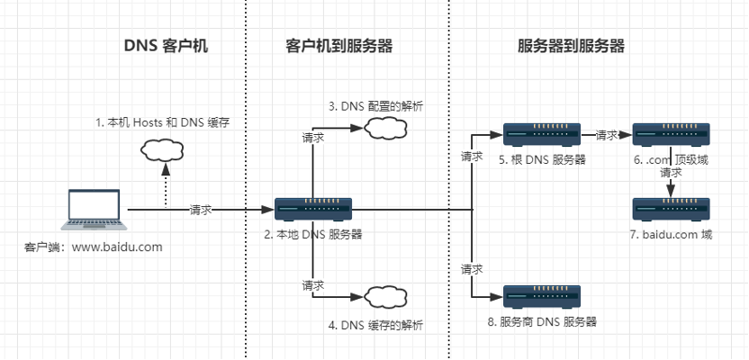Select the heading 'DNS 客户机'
(x=166, y=46)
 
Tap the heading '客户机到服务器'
(x=338, y=46)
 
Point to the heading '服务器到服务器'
(x=572, y=46)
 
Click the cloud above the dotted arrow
(x=162, y=151)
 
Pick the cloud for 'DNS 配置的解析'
(x=385, y=128)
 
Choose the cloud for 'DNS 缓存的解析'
(x=385, y=296)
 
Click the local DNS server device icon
(x=313, y=209)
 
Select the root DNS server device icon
(x=542, y=135)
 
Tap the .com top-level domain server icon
(x=672, y=135)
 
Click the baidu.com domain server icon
(x=672, y=209)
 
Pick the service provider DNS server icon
(x=542, y=296)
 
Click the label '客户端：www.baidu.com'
(x=93, y=247)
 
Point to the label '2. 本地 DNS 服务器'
(x=313, y=234)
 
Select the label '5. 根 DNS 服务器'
(x=542, y=160)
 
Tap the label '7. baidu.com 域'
(x=672, y=234)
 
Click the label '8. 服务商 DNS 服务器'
(x=542, y=322)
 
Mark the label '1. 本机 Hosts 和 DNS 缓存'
(x=162, y=122)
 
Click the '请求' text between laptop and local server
(x=201, y=210)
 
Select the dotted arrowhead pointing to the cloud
(x=166, y=169)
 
